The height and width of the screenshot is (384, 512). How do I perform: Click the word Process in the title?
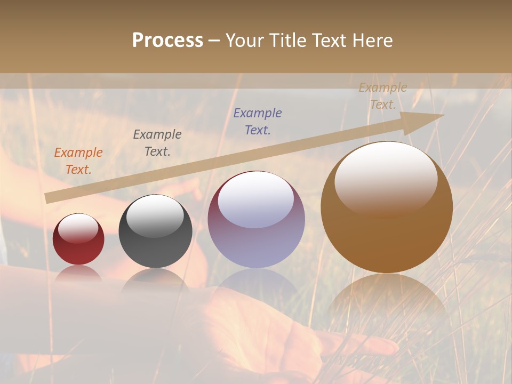point(167,41)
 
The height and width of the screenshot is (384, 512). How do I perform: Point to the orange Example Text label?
point(78,161)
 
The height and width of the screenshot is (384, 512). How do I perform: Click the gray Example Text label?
point(157,143)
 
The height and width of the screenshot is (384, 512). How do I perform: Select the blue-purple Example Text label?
point(258,122)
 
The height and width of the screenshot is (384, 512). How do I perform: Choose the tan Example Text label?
point(383,96)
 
